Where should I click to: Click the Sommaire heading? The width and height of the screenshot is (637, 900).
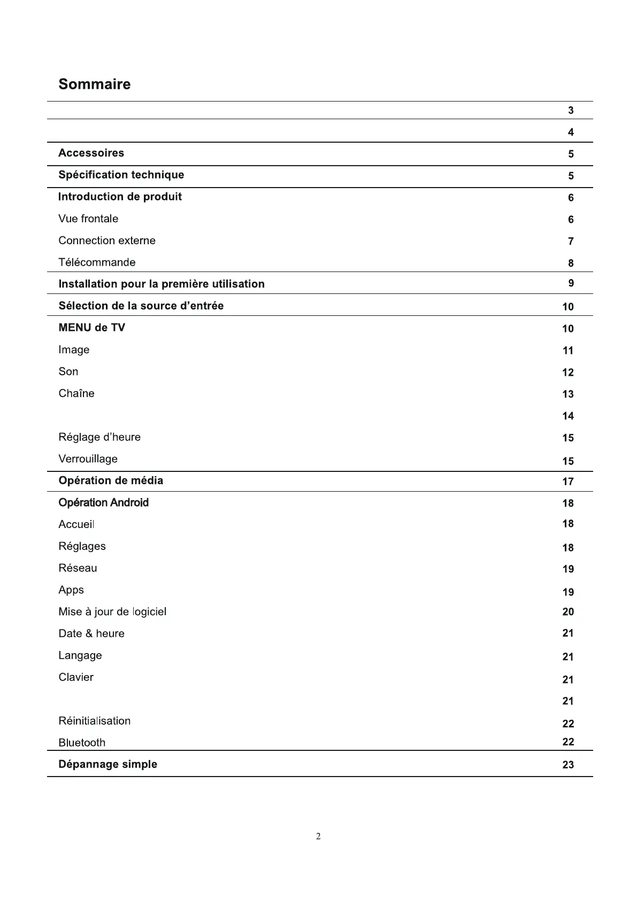[94, 84]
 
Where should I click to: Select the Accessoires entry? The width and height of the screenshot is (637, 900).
[91, 153]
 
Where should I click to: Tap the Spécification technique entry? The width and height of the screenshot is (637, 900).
[121, 175]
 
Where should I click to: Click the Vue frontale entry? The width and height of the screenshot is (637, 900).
[88, 219]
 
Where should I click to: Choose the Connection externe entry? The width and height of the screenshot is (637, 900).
[107, 240]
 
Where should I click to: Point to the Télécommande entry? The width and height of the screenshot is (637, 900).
[97, 262]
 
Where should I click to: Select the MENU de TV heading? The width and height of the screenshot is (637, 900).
[91, 328]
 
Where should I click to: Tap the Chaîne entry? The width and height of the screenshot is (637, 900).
[76, 393]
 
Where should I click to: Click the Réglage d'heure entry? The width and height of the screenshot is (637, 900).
[99, 437]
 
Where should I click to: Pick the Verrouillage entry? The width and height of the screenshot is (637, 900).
[88, 459]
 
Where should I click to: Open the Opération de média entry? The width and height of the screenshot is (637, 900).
[111, 480]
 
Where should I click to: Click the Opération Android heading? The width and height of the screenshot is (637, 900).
[103, 502]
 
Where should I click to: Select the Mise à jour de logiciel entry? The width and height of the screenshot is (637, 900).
[112, 611]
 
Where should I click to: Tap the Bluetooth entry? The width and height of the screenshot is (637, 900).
[82, 742]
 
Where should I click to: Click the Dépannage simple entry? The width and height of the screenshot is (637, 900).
[108, 764]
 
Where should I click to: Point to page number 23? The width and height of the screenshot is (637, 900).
[568, 765]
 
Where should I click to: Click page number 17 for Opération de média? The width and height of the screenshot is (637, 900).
[568, 482]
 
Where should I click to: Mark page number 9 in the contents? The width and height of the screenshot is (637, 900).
[571, 283]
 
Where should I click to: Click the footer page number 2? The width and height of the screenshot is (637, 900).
[318, 836]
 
